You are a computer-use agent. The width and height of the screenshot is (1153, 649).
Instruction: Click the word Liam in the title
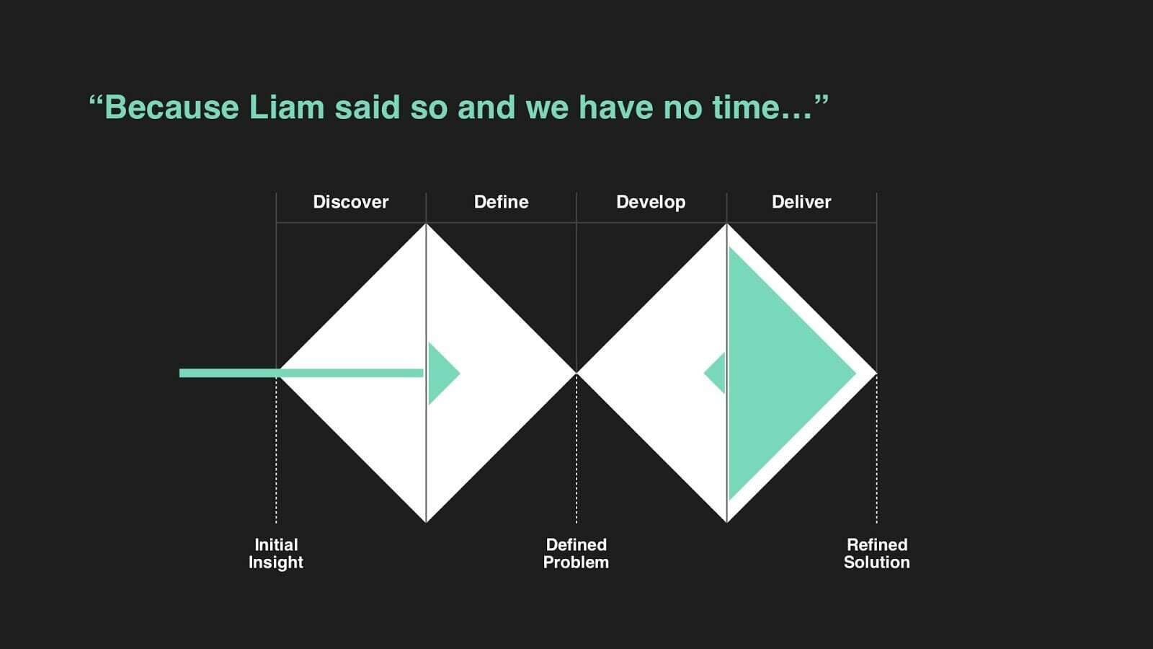(x=287, y=107)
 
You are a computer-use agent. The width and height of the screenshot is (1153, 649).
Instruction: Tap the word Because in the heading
(x=172, y=107)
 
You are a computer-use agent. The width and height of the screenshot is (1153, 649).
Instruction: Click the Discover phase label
(x=350, y=201)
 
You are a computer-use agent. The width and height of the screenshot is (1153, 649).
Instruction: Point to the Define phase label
(x=501, y=201)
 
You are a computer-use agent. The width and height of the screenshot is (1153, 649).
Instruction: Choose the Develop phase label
(x=651, y=202)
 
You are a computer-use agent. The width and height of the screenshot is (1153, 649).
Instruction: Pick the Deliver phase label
(x=801, y=201)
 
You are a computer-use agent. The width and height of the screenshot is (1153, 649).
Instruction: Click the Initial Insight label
(x=276, y=554)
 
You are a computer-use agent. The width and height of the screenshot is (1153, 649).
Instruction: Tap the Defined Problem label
(x=576, y=553)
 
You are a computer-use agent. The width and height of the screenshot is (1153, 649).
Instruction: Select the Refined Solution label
(x=876, y=553)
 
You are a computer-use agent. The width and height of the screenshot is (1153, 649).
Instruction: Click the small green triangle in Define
(x=440, y=374)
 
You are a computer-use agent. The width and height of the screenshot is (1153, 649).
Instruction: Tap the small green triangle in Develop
(x=717, y=373)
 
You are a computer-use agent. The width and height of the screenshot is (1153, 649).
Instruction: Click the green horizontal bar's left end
(x=180, y=373)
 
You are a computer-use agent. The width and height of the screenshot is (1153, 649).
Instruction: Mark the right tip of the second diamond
(x=876, y=373)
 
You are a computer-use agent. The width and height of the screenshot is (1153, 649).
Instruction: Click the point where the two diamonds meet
(x=576, y=373)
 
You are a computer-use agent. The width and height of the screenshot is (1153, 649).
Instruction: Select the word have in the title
(x=616, y=107)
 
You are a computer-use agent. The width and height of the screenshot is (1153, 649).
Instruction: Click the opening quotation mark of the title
(x=96, y=100)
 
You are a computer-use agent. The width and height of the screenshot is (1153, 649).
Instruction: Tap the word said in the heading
(x=368, y=107)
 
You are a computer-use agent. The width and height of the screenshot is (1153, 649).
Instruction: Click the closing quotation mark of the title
(x=822, y=100)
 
